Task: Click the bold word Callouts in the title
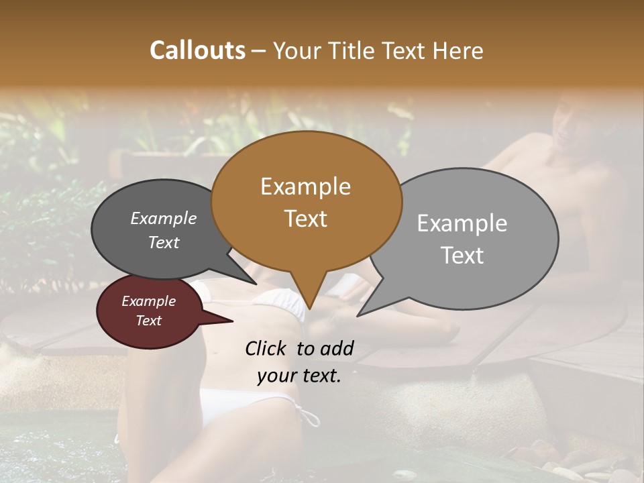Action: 197,50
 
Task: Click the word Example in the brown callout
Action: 305,186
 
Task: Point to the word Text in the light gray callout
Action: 462,256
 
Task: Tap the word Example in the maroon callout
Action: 148,302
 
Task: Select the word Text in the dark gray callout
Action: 164,243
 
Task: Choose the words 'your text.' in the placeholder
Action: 299,376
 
